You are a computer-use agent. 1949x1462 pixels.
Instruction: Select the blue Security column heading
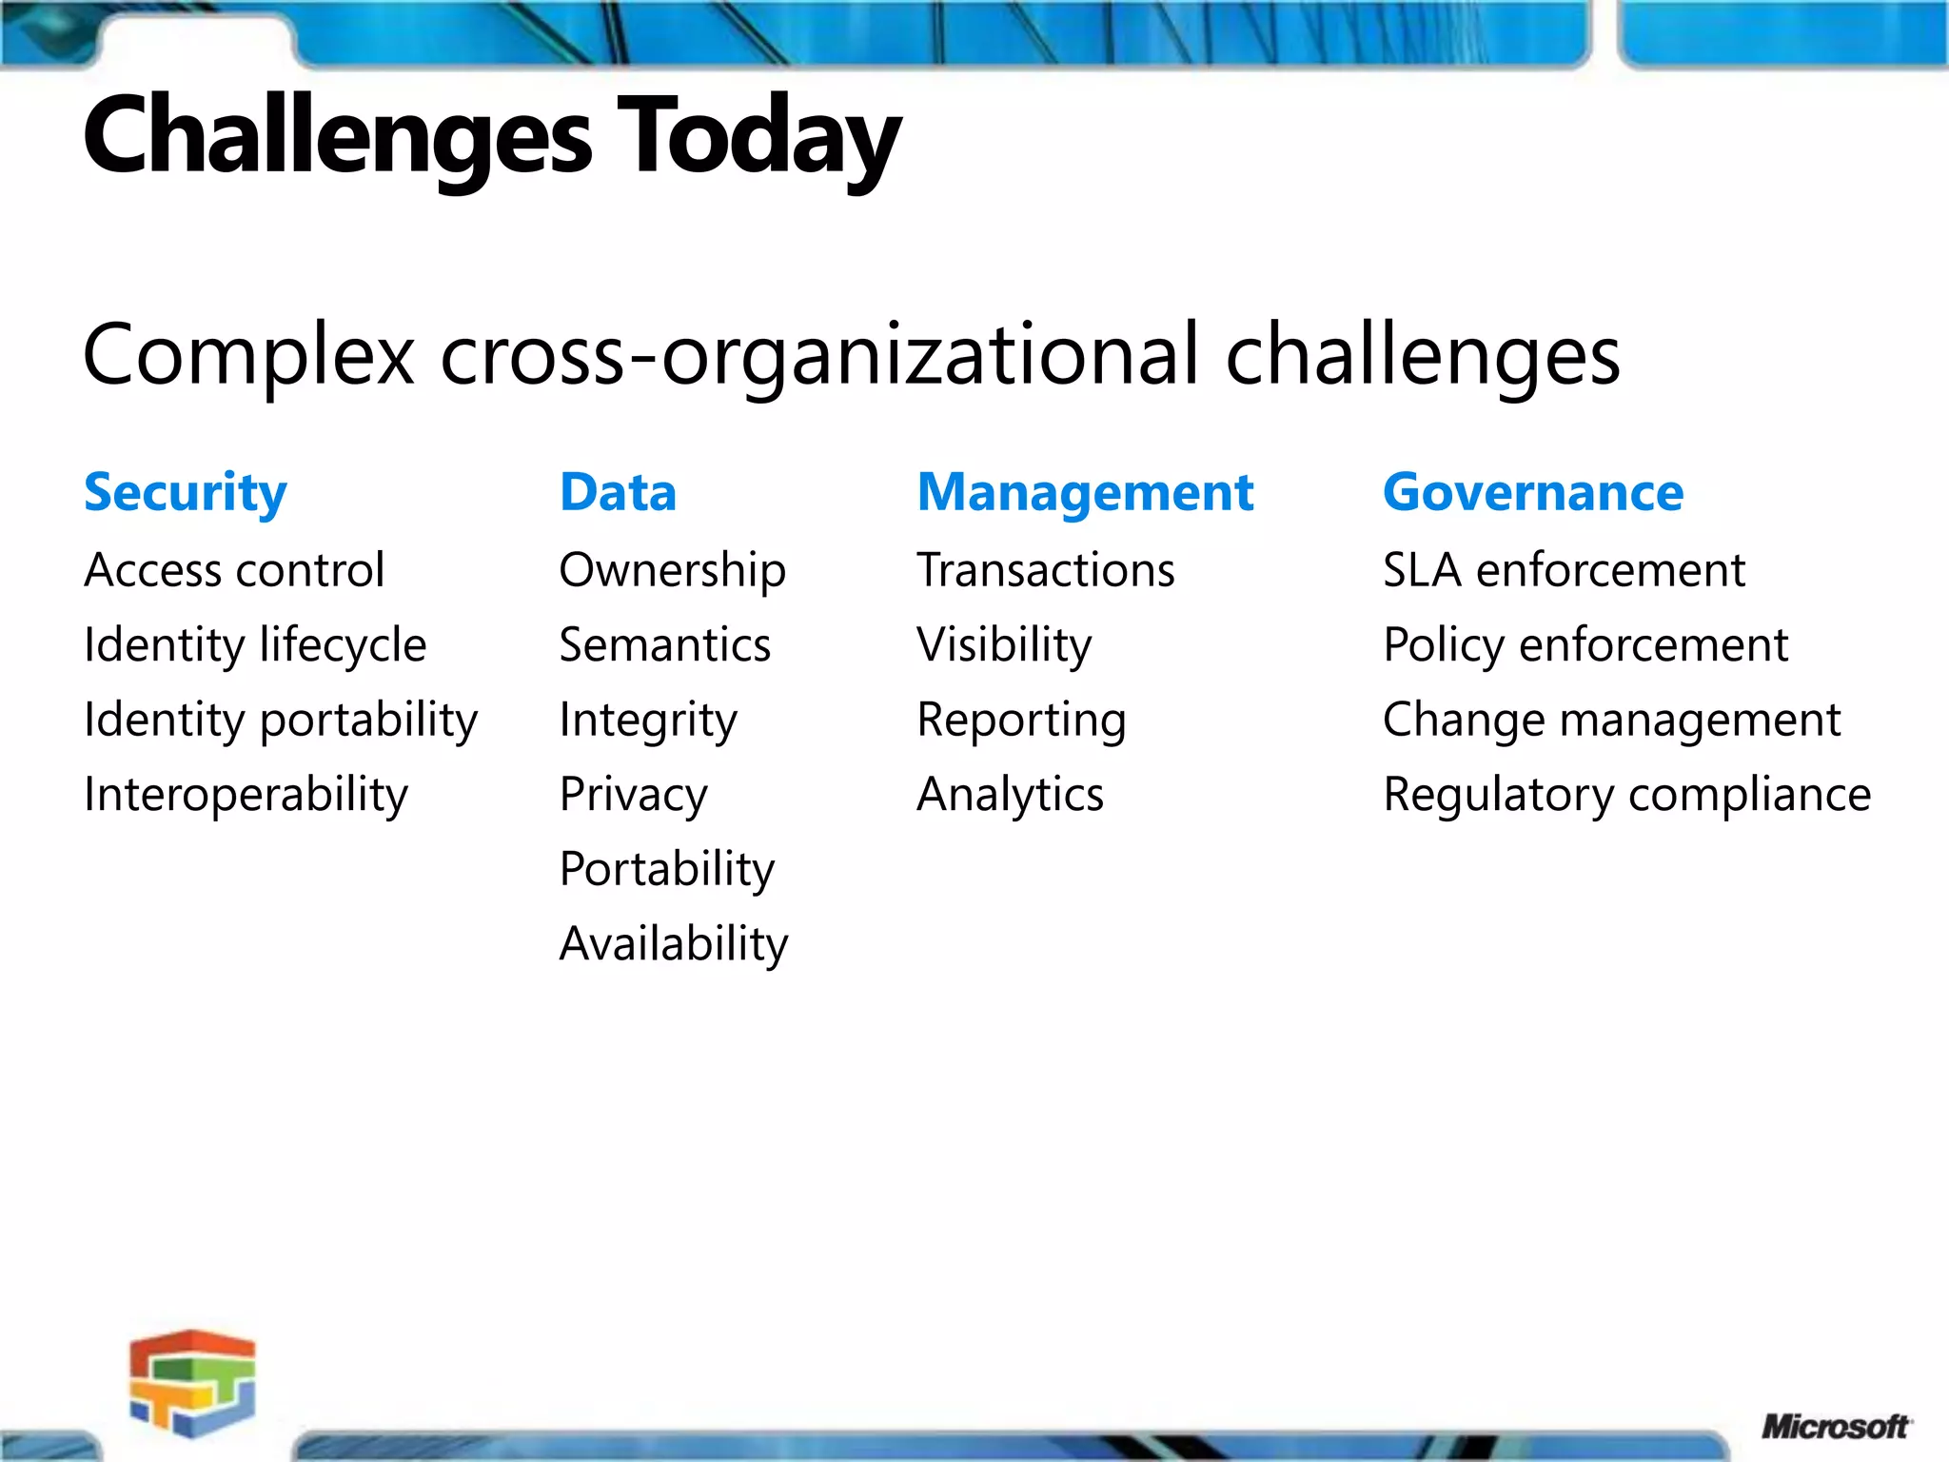186,493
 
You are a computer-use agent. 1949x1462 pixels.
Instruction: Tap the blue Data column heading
618,493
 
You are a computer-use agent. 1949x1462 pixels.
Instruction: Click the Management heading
1085,493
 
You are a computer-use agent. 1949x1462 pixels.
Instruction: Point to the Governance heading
1532,493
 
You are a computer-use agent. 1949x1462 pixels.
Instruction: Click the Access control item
234,570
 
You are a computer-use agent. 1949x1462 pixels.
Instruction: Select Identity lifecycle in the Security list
255,645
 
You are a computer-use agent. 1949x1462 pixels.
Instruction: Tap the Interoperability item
246,795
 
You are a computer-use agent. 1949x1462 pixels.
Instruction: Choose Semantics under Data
664,645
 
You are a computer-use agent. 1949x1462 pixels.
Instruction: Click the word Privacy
633,795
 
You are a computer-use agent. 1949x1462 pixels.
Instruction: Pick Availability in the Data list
674,944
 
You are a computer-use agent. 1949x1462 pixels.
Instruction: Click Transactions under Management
1045,570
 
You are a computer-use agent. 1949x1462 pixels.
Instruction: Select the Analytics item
1010,795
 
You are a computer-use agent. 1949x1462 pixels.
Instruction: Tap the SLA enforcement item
1564,570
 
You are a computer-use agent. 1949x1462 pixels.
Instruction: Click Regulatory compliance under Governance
1626,795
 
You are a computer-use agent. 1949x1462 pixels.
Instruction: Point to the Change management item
1611,721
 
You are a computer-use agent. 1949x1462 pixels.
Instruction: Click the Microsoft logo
1834,1427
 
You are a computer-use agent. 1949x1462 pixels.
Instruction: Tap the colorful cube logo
193,1382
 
